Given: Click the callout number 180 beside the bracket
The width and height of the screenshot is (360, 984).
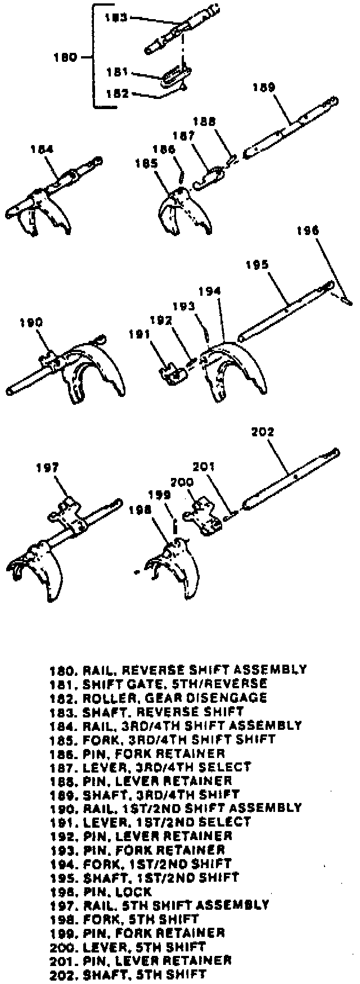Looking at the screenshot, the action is (x=65, y=57).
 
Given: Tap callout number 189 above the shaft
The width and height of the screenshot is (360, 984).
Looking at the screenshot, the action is (x=264, y=88).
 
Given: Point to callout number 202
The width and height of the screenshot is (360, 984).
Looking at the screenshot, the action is (x=262, y=432).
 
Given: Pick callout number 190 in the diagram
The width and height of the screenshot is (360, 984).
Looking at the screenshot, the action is (x=31, y=322).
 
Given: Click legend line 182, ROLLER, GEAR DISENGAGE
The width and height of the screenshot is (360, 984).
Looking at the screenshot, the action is (x=158, y=698).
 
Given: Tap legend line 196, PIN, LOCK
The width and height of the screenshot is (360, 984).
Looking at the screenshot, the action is (x=101, y=892).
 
